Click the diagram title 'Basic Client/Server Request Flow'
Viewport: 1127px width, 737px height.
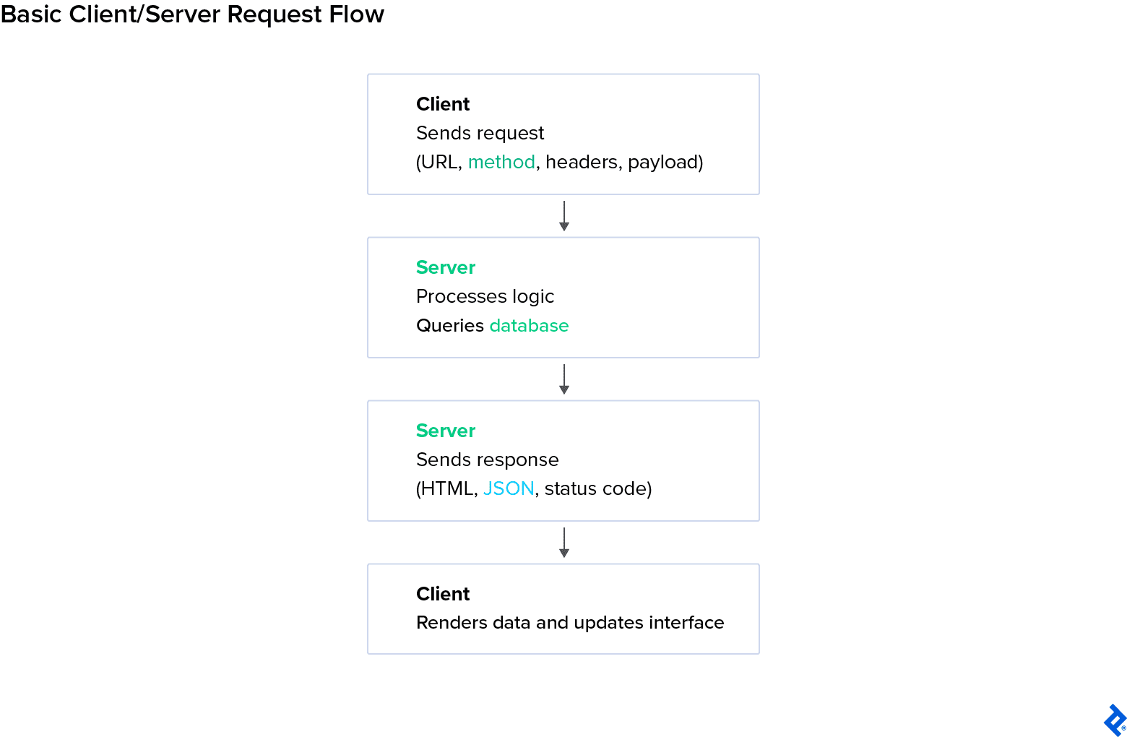pos(192,14)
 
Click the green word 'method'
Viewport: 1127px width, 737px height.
pos(501,162)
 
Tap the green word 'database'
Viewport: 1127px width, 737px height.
pos(529,326)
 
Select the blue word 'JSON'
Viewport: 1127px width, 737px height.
pos(509,489)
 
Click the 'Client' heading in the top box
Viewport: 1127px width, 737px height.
pos(443,104)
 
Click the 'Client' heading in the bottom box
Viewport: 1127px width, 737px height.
pos(443,594)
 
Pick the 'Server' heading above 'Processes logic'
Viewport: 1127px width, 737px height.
pos(446,267)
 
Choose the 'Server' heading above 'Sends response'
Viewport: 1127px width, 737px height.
pos(446,431)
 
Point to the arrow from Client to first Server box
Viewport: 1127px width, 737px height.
pos(564,216)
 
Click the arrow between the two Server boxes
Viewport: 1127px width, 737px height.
pos(564,379)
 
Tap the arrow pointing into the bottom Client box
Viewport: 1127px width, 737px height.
pos(564,543)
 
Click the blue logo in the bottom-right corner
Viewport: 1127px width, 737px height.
pos(1115,720)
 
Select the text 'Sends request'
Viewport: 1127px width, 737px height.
pos(480,133)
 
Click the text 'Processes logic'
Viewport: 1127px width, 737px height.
pos(485,296)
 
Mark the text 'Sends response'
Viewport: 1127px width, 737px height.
pos(487,460)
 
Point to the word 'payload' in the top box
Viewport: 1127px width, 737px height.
pos(662,162)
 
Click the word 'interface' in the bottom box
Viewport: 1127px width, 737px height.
pos(686,623)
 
